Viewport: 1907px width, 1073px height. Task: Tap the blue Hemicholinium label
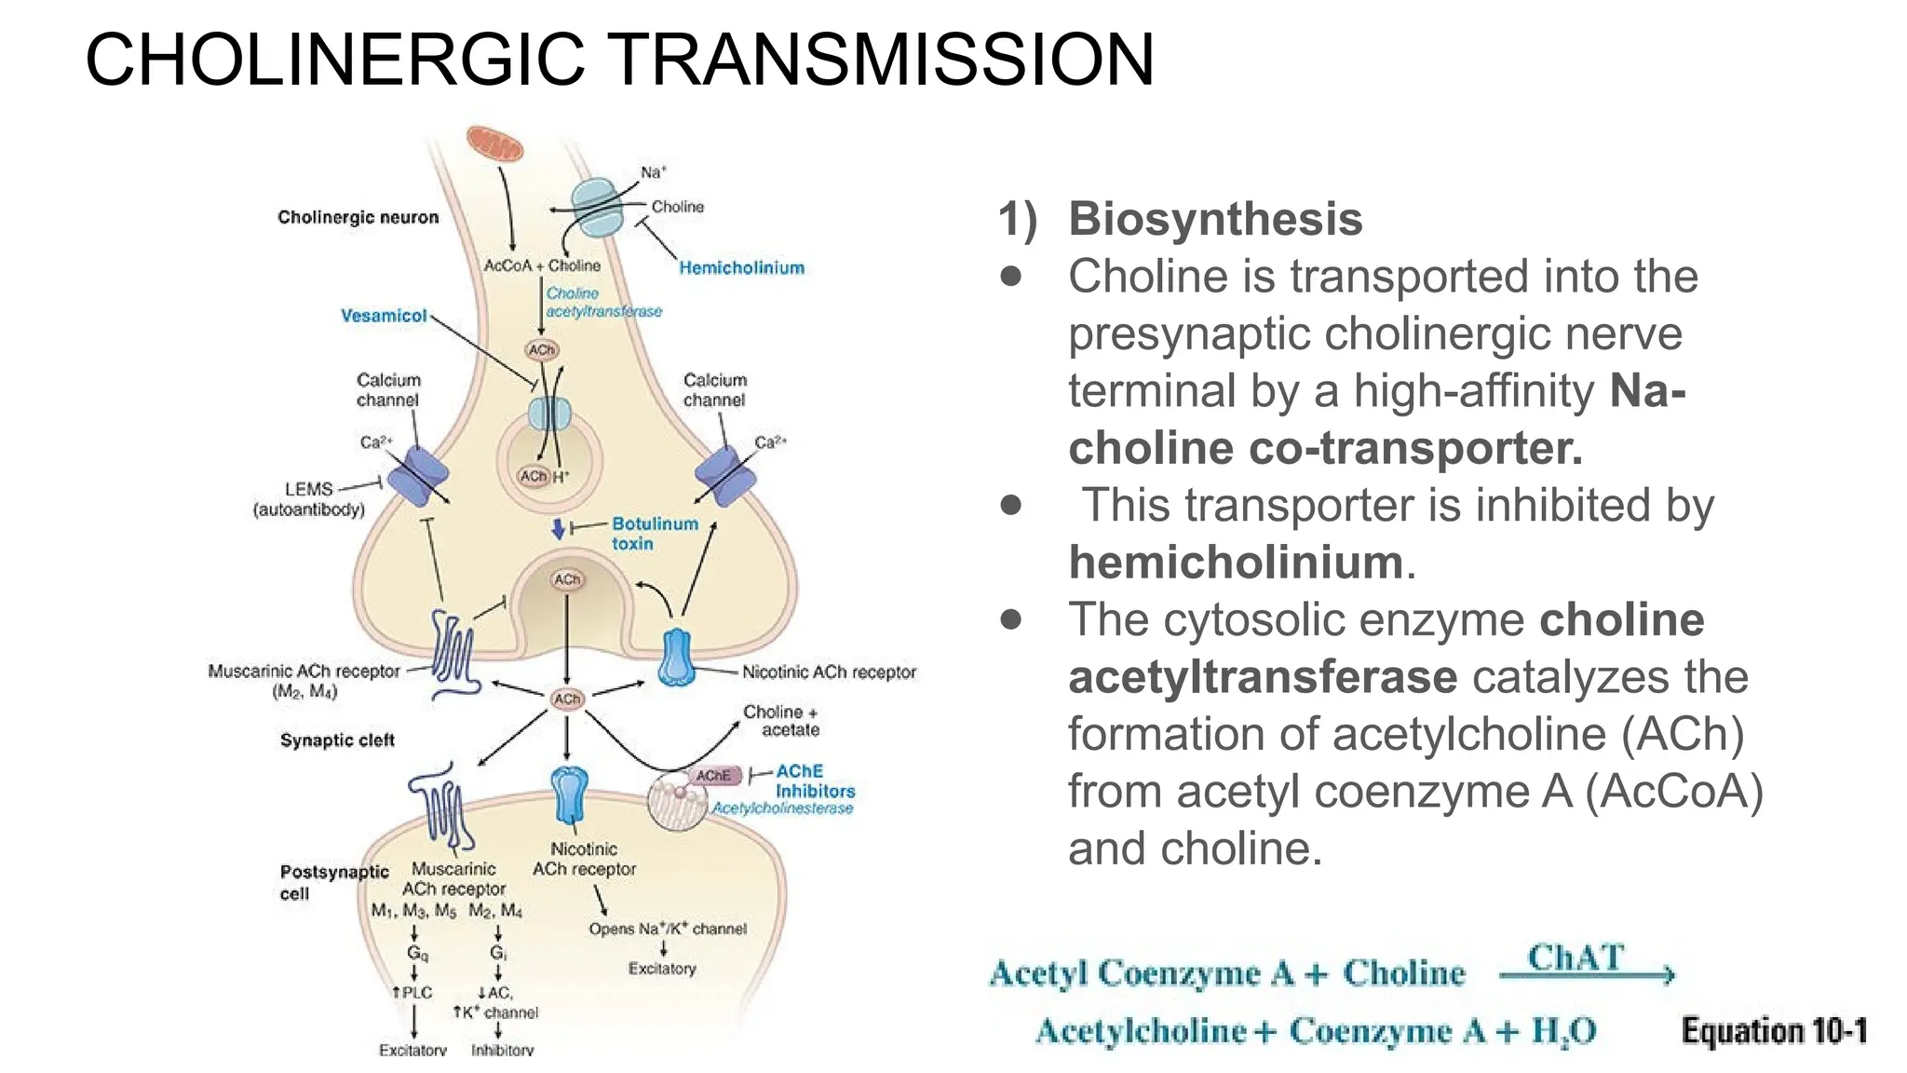(741, 268)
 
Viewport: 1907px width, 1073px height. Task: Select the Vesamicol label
(384, 316)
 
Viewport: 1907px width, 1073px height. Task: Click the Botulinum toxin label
(654, 534)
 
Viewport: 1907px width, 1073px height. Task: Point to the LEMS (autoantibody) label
(309, 499)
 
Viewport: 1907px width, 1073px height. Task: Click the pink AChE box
(714, 776)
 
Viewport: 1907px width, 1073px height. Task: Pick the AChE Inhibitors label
(814, 781)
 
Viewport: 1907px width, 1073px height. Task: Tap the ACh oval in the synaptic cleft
(567, 699)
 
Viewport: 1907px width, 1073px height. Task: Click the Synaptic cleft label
(337, 740)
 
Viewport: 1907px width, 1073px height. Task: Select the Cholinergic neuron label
(358, 217)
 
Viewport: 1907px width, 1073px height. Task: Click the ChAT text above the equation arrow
(1576, 957)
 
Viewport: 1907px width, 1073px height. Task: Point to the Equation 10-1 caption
(1774, 1031)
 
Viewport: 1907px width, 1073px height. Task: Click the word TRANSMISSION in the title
(883, 60)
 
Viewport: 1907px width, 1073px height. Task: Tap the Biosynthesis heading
(1215, 220)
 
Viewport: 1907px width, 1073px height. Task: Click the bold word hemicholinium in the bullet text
(1236, 563)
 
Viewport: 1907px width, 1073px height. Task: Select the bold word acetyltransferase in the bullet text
(1263, 677)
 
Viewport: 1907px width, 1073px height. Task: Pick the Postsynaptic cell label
(333, 882)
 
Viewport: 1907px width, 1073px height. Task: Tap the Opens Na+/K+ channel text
(667, 929)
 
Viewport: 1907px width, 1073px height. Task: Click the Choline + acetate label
(780, 721)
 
